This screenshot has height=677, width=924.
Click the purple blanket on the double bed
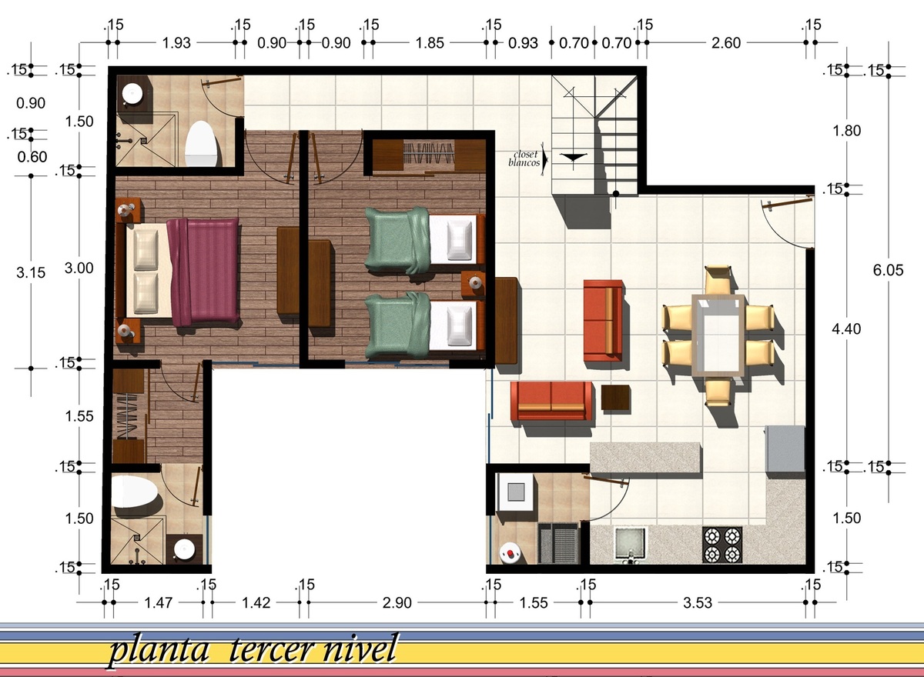(x=204, y=272)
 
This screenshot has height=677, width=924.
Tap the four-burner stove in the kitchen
(x=722, y=545)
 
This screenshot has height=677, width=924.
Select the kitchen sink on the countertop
(x=630, y=544)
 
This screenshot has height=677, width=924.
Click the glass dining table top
(x=718, y=335)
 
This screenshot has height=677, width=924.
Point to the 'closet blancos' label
(x=524, y=158)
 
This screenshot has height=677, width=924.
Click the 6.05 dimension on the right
(x=888, y=270)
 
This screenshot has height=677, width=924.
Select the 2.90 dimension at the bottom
(x=397, y=603)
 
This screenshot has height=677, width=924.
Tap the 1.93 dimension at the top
(x=176, y=43)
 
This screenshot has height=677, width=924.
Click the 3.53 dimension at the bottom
(x=698, y=603)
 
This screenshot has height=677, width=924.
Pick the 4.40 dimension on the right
(x=846, y=329)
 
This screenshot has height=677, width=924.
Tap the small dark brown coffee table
(x=615, y=398)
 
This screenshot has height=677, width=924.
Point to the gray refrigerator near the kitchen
(x=785, y=450)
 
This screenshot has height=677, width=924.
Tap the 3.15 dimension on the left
(x=31, y=273)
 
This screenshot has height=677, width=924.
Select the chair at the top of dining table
(x=718, y=280)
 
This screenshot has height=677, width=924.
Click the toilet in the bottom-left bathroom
(x=134, y=492)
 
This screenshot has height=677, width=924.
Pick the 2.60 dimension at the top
(x=726, y=43)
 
